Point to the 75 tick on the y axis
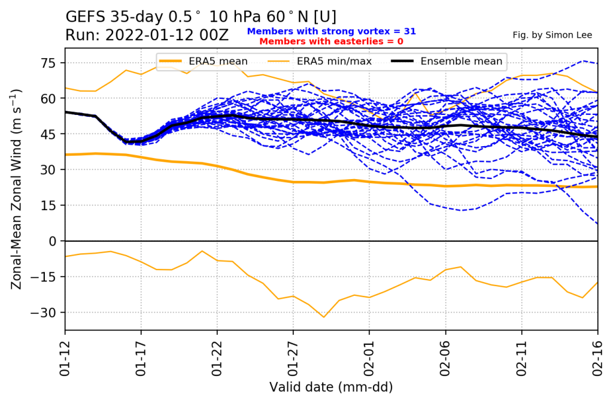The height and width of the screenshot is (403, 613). pyautogui.click(x=49, y=63)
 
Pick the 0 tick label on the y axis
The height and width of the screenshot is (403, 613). pyautogui.click(x=53, y=241)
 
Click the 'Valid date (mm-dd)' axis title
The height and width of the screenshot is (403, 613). pyautogui.click(x=331, y=387)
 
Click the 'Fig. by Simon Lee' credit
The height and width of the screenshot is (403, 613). pyautogui.click(x=552, y=35)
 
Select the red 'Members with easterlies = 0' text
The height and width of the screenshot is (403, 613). pyautogui.click(x=331, y=41)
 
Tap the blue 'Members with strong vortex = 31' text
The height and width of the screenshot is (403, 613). pyautogui.click(x=331, y=31)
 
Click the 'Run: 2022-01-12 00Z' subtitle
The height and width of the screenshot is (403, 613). pyautogui.click(x=147, y=35)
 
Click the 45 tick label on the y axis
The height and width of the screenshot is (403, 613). pyautogui.click(x=49, y=134)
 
